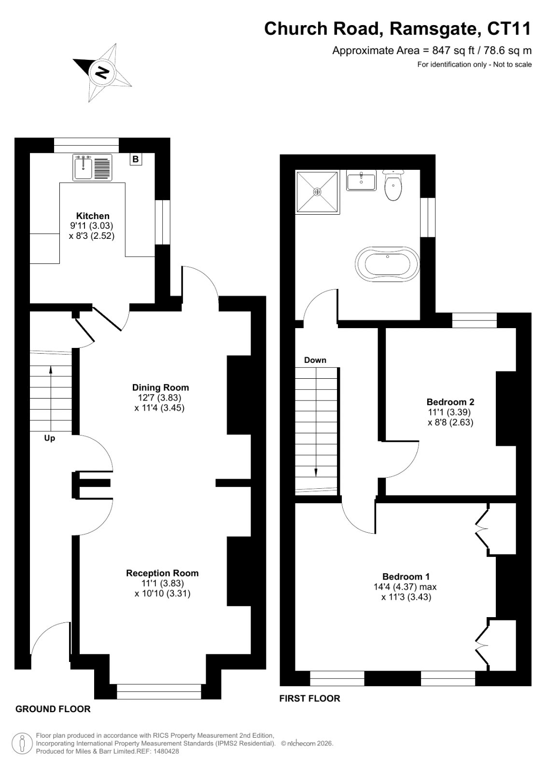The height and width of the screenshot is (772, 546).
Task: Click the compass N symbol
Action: (x=102, y=72)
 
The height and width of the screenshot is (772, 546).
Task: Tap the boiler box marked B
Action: (x=136, y=159)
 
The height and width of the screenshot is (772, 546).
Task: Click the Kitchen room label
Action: (x=93, y=216)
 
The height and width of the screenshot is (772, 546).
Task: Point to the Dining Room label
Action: (x=160, y=387)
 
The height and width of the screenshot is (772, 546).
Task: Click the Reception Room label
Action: (x=162, y=573)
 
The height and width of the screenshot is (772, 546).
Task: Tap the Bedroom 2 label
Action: (x=450, y=402)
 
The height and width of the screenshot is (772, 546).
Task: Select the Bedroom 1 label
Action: (x=406, y=577)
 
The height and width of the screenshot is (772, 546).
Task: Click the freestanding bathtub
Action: (x=387, y=264)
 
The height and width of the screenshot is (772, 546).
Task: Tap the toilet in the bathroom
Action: (x=393, y=185)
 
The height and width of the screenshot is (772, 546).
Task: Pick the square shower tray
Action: (x=317, y=192)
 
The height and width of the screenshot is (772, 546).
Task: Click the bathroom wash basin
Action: (x=361, y=180)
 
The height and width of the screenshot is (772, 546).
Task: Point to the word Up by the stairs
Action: (x=50, y=439)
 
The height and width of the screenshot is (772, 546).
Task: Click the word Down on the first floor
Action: (x=315, y=360)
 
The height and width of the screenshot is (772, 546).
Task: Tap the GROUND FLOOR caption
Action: (x=53, y=709)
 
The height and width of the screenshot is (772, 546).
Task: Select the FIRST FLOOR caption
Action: (x=309, y=698)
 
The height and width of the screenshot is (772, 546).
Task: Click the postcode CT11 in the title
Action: (x=509, y=28)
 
